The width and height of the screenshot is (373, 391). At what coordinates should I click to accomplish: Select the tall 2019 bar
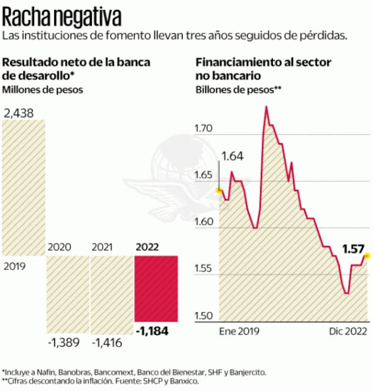[24, 188]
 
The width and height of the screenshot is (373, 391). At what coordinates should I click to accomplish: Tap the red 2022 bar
[156, 288]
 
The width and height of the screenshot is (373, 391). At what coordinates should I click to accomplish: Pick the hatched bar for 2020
[67, 294]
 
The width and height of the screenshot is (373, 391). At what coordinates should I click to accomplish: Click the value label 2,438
[19, 114]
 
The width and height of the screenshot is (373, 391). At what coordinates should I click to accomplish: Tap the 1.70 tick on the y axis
[205, 129]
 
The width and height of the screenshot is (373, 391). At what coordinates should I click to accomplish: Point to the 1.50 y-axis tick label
[205, 316]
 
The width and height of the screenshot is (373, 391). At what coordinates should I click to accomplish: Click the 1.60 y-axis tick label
[205, 223]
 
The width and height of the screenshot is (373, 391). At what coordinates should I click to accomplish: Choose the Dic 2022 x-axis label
[347, 330]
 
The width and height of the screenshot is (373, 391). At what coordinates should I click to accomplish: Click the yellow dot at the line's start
[219, 189]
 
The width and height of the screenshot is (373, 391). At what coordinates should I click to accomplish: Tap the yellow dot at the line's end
[367, 255]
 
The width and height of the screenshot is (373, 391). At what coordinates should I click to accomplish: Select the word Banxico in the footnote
[184, 382]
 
